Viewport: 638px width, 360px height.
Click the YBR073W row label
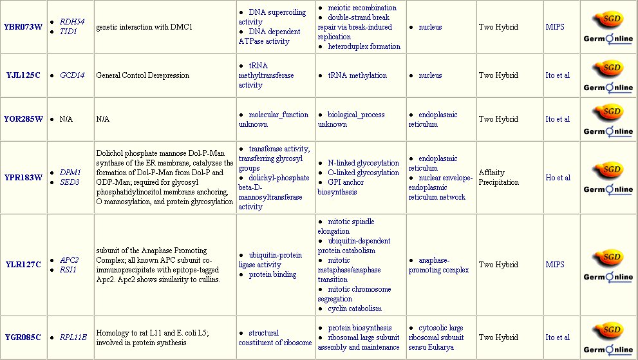pos(23,27)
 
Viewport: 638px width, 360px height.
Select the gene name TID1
pos(68,32)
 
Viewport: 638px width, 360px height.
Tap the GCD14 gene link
pos(72,75)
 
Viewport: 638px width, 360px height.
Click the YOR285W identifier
pos(23,119)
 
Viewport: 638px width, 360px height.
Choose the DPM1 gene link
pos(70,173)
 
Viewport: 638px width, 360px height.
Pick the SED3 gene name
pos(70,182)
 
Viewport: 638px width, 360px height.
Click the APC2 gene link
pos(70,260)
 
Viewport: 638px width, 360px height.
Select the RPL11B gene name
pos(73,337)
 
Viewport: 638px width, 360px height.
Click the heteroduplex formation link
pos(364,46)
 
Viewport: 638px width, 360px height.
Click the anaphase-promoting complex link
pos(438,265)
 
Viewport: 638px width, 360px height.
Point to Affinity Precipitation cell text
pos(498,177)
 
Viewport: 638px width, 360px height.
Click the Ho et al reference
pos(558,177)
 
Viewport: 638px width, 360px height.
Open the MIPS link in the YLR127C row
pos(554,265)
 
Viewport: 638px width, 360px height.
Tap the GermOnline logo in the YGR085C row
pos(608,350)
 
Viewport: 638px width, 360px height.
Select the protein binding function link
pos(272,274)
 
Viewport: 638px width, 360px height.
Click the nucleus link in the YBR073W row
pos(430,27)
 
